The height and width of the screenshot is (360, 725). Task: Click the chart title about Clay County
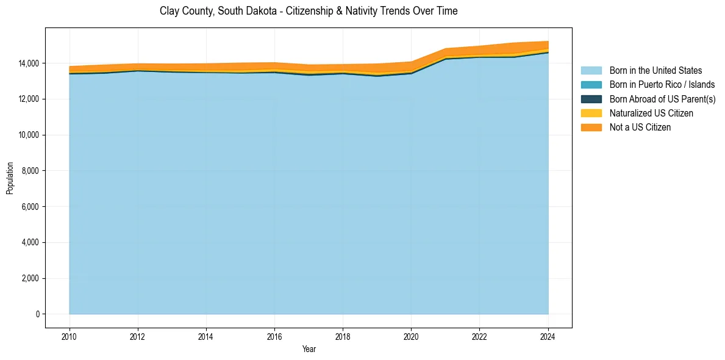pos(309,11)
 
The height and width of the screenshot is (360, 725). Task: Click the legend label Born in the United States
pos(655,71)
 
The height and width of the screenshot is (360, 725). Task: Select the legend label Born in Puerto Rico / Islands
pos(662,85)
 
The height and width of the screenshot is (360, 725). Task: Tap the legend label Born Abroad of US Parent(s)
pos(662,99)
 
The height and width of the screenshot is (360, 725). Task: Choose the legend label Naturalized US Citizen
pos(651,113)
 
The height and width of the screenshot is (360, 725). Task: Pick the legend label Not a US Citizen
pos(640,127)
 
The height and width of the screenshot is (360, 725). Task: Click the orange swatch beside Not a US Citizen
pos(591,127)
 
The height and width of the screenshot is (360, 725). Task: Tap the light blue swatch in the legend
pos(591,71)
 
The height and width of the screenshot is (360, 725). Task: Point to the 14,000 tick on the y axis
pos(28,63)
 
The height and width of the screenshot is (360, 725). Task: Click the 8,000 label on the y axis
pos(30,171)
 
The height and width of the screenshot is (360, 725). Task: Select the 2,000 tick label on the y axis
pos(30,278)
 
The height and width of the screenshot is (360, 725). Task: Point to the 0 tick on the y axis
pos(37,314)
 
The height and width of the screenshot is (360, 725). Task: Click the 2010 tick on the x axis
pos(70,336)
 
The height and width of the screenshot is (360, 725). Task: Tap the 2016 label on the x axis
pos(274,336)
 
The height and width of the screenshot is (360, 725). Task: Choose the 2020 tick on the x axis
pos(411,336)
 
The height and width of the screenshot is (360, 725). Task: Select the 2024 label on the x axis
pos(548,336)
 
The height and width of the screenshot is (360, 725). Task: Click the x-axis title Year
pos(309,349)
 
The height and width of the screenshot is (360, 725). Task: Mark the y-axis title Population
pos(10,178)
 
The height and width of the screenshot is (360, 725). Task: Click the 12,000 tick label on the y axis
pos(28,99)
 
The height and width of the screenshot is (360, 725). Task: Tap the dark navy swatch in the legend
pos(591,99)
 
